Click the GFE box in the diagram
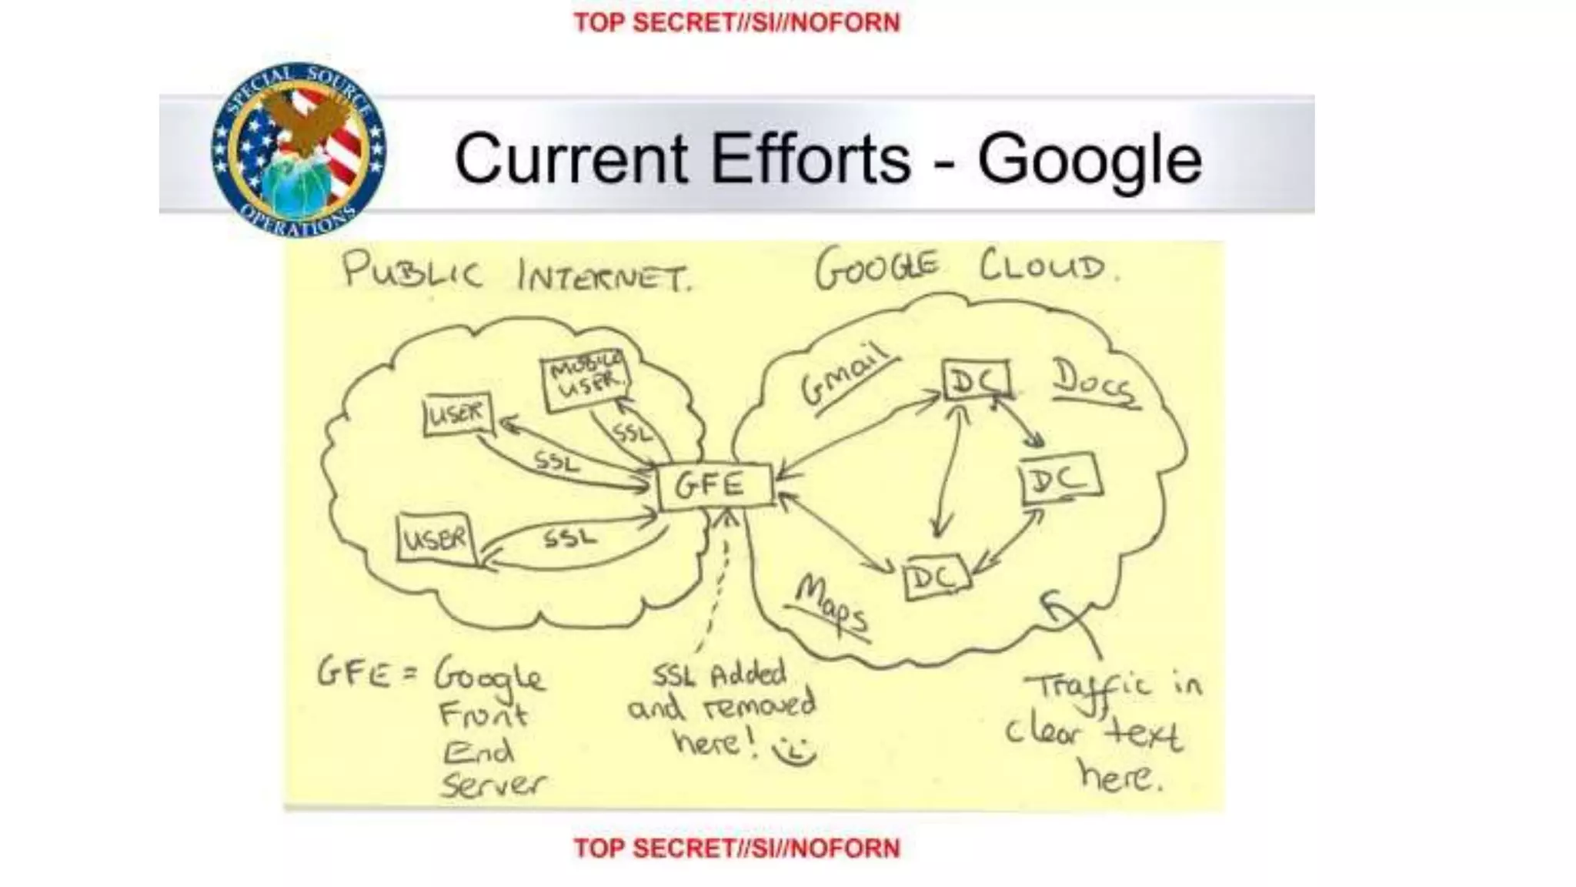[713, 485]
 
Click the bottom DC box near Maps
[935, 577]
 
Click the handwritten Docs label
[1093, 381]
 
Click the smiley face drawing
[794, 751]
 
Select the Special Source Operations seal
[299, 150]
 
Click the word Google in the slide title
[1089, 159]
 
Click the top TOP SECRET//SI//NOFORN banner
[736, 22]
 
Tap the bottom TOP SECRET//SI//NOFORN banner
[736, 848]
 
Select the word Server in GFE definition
[492, 784]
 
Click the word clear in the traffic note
[1044, 730]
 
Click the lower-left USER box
[435, 537]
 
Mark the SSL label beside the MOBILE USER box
[633, 433]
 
